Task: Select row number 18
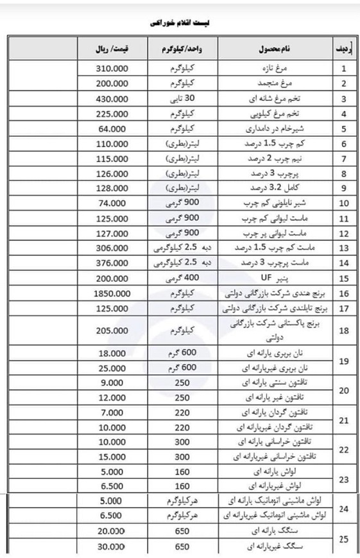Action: point(343,331)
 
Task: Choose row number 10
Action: point(343,204)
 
